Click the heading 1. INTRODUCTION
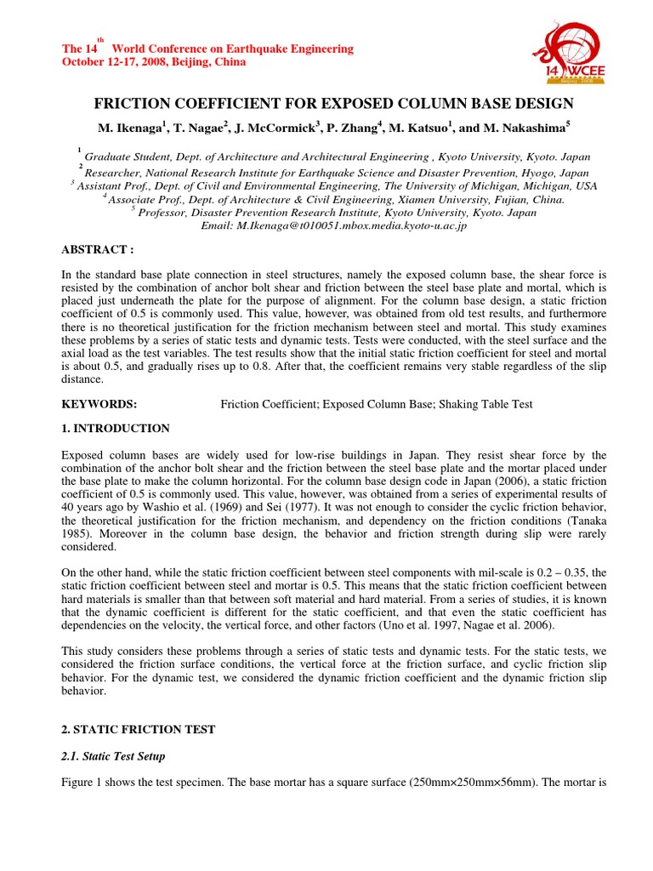point(115,429)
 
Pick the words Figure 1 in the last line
point(83,782)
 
